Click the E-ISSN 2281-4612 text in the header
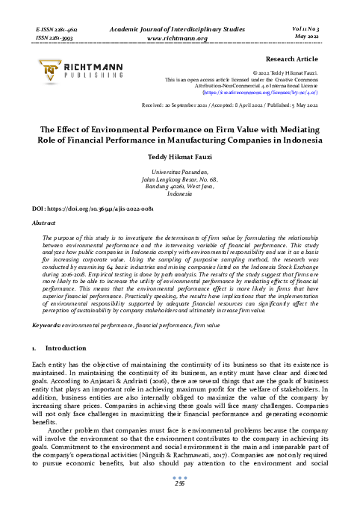tap(58, 25)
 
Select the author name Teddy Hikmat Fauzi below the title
tap(179, 158)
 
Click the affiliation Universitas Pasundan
tap(179, 173)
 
